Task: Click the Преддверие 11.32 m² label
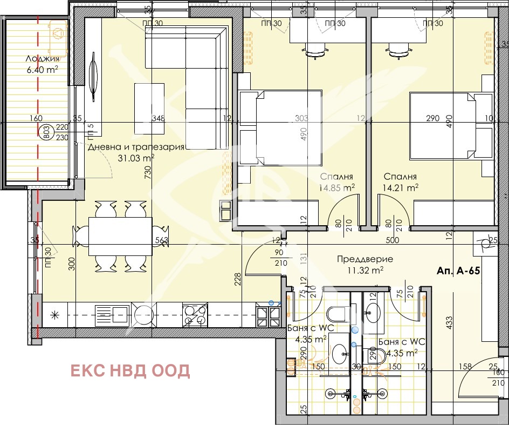364,264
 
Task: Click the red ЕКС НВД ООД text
130,370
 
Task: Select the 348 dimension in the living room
158,119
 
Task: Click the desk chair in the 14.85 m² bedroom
317,50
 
